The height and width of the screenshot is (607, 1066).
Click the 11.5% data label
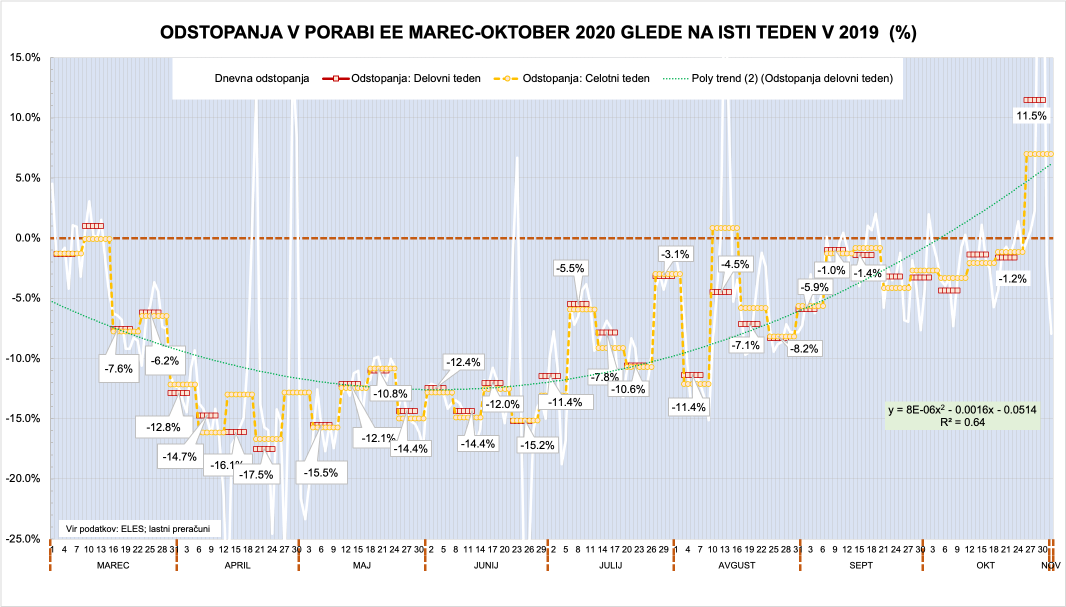point(1031,116)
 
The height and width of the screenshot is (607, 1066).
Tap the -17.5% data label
point(256,474)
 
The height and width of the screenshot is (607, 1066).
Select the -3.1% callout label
point(675,254)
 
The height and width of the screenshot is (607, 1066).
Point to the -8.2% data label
point(803,348)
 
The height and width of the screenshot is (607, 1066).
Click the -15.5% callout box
point(321,472)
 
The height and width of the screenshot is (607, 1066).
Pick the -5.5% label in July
point(570,268)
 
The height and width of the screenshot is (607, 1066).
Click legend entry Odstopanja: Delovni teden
point(415,78)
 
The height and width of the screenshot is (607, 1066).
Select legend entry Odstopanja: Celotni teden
point(586,78)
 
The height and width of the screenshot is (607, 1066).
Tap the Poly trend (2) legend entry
point(792,78)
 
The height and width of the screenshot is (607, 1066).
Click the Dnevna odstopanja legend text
point(261,78)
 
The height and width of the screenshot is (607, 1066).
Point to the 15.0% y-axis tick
point(25,57)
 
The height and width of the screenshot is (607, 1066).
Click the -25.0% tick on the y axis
point(23,538)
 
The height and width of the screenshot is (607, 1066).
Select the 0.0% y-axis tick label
point(27,238)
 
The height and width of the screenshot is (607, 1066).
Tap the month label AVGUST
point(736,565)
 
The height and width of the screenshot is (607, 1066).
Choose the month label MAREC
point(113,565)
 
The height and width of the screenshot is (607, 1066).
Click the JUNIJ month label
point(486,565)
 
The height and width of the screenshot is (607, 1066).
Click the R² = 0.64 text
point(962,422)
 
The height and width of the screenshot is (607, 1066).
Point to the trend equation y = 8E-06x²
point(962,410)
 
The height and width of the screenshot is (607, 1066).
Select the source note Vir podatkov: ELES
point(137,529)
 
